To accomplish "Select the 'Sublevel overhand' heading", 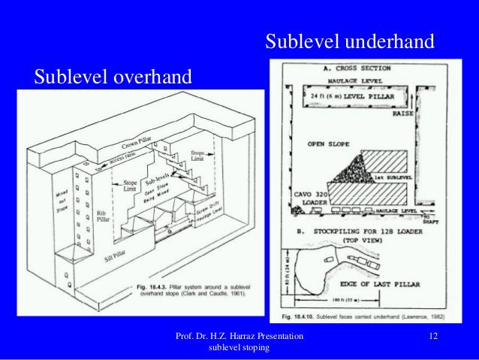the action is [x=113, y=76].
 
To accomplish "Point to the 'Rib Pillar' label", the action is [x=103, y=218].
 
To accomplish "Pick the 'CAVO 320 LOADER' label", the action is [x=308, y=197].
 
